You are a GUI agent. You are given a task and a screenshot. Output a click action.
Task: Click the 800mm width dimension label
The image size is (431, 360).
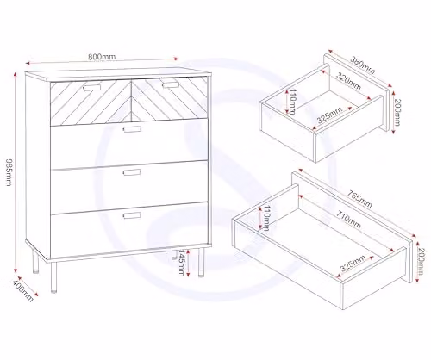[102, 57]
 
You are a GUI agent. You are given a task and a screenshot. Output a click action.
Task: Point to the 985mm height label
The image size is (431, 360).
[9, 172]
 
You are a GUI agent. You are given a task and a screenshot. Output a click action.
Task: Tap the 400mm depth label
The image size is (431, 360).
[23, 290]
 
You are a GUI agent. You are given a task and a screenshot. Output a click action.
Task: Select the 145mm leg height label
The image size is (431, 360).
[181, 263]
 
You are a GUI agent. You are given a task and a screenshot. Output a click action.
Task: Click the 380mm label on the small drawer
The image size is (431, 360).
[363, 65]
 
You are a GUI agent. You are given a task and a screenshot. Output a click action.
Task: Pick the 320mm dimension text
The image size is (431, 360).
[348, 82]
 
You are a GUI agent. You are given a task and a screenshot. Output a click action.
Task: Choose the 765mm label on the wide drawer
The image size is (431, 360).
[359, 199]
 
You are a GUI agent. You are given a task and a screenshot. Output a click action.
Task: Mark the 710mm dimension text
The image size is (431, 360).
[348, 220]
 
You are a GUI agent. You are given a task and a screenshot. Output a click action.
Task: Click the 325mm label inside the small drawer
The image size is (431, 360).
[329, 115]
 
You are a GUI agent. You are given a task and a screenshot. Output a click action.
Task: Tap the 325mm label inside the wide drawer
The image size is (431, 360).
[353, 263]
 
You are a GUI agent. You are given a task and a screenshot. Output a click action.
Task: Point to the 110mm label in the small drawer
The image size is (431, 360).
[292, 102]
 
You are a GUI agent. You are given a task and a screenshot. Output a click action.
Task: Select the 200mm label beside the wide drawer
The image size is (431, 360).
[420, 261]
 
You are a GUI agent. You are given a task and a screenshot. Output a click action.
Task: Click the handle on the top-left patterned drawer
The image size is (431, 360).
[92, 87]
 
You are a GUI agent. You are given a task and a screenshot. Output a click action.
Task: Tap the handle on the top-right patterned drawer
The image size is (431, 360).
[171, 85]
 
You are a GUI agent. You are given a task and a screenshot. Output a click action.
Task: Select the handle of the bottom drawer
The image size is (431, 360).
[132, 215]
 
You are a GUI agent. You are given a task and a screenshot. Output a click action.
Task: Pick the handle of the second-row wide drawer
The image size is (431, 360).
[132, 129]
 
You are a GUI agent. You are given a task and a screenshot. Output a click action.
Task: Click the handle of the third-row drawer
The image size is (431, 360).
[132, 172]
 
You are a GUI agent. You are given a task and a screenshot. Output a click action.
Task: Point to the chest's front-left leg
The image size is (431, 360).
[53, 277]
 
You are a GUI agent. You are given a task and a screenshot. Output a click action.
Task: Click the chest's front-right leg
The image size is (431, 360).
[201, 263]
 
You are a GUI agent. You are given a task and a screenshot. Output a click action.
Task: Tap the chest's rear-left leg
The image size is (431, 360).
[35, 262]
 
